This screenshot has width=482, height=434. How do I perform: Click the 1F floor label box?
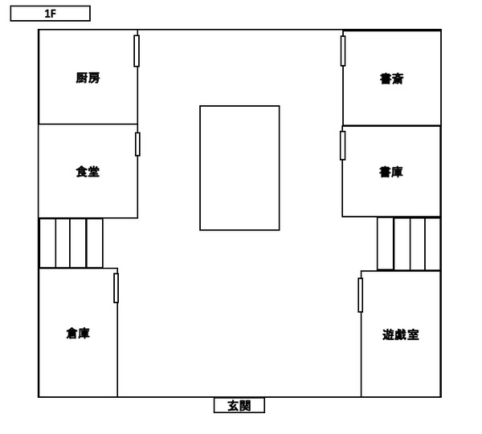50,14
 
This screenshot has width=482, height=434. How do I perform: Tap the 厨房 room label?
88,78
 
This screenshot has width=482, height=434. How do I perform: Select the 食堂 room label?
88,172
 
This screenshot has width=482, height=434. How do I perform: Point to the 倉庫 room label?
78,334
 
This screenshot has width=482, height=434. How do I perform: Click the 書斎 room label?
392,79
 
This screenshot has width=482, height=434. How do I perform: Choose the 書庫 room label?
391,172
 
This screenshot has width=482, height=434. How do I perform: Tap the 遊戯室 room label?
401,335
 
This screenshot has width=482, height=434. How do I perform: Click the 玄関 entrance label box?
239,405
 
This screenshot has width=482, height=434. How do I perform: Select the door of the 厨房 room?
137,51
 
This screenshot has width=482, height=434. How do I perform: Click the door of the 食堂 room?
137,144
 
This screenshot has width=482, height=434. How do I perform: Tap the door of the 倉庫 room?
116,288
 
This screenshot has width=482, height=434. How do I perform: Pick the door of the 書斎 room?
343,51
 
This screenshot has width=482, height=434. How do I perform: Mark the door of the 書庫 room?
343,145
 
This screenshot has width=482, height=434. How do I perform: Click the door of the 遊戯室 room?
360,295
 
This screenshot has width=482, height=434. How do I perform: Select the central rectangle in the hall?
239,168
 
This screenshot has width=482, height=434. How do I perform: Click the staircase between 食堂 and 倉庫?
71,243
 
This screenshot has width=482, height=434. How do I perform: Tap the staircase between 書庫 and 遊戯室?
409,244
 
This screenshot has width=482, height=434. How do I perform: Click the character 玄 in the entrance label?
233,406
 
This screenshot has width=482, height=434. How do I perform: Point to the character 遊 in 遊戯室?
388,335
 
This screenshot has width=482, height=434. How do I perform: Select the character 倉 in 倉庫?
72,334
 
